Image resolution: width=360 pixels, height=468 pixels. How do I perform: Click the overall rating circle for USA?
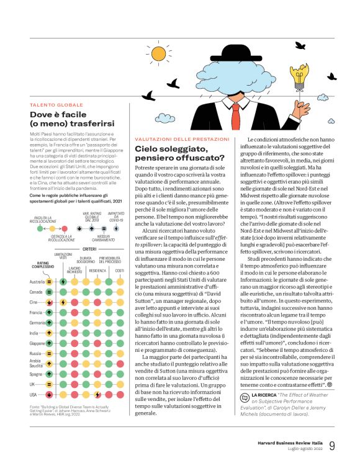(x=49, y=394)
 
